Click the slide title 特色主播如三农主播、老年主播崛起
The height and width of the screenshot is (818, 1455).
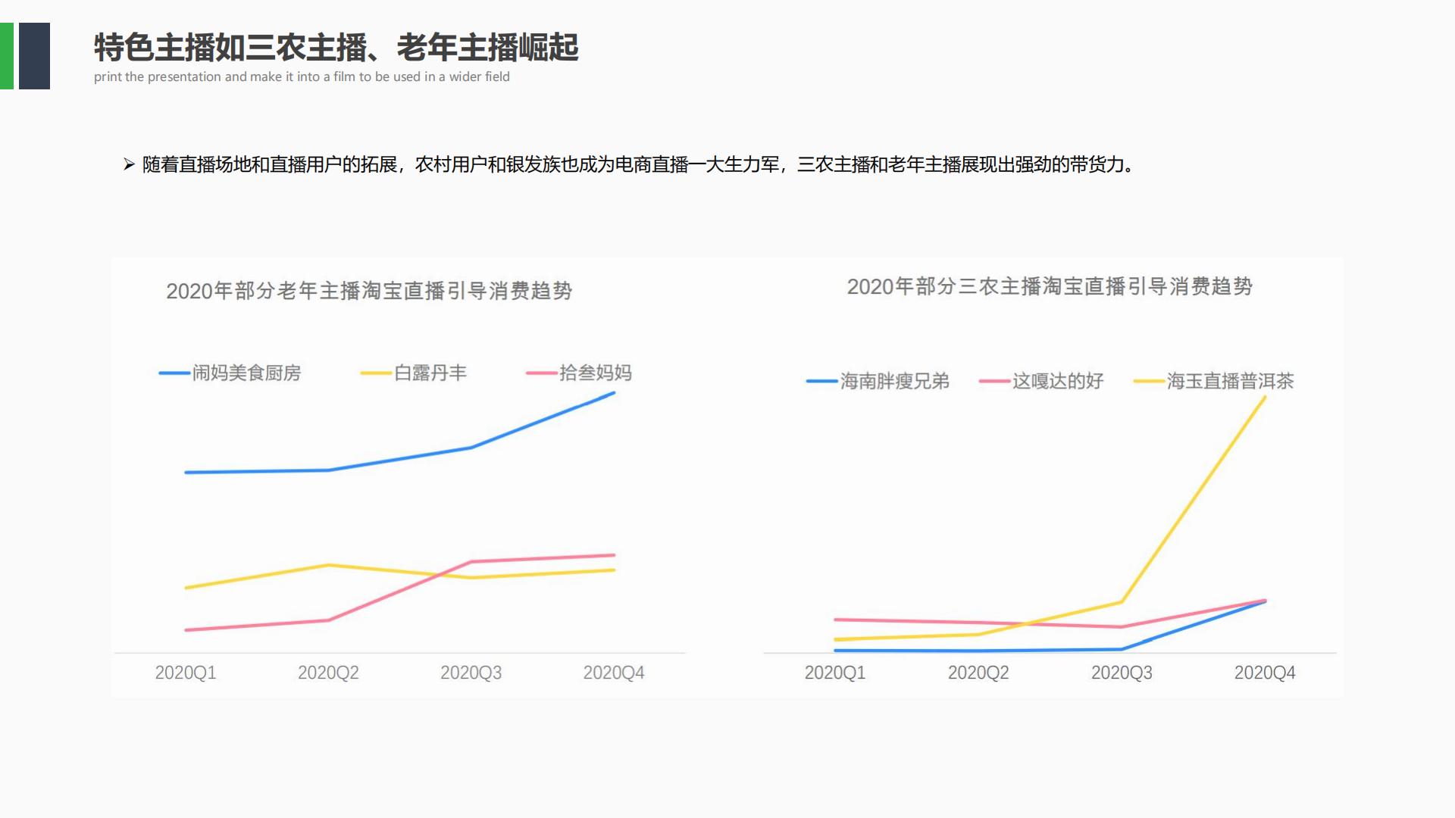(x=336, y=48)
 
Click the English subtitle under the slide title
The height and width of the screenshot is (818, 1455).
(x=302, y=76)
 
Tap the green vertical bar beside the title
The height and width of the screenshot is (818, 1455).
(x=6, y=56)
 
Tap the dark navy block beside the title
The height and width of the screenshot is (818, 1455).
(x=34, y=56)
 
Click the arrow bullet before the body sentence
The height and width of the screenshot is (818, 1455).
(x=129, y=164)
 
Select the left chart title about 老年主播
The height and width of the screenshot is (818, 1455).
(x=369, y=291)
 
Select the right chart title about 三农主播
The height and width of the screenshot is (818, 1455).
(x=1050, y=286)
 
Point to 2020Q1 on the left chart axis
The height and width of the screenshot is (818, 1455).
(x=186, y=673)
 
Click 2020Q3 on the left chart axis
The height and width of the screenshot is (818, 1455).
(x=471, y=673)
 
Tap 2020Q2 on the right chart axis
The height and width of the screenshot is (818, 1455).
(x=978, y=673)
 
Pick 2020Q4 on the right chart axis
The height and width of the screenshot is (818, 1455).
(x=1265, y=673)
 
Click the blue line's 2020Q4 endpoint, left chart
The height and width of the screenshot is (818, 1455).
(x=614, y=393)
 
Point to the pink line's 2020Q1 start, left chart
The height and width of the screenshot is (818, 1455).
(x=186, y=630)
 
